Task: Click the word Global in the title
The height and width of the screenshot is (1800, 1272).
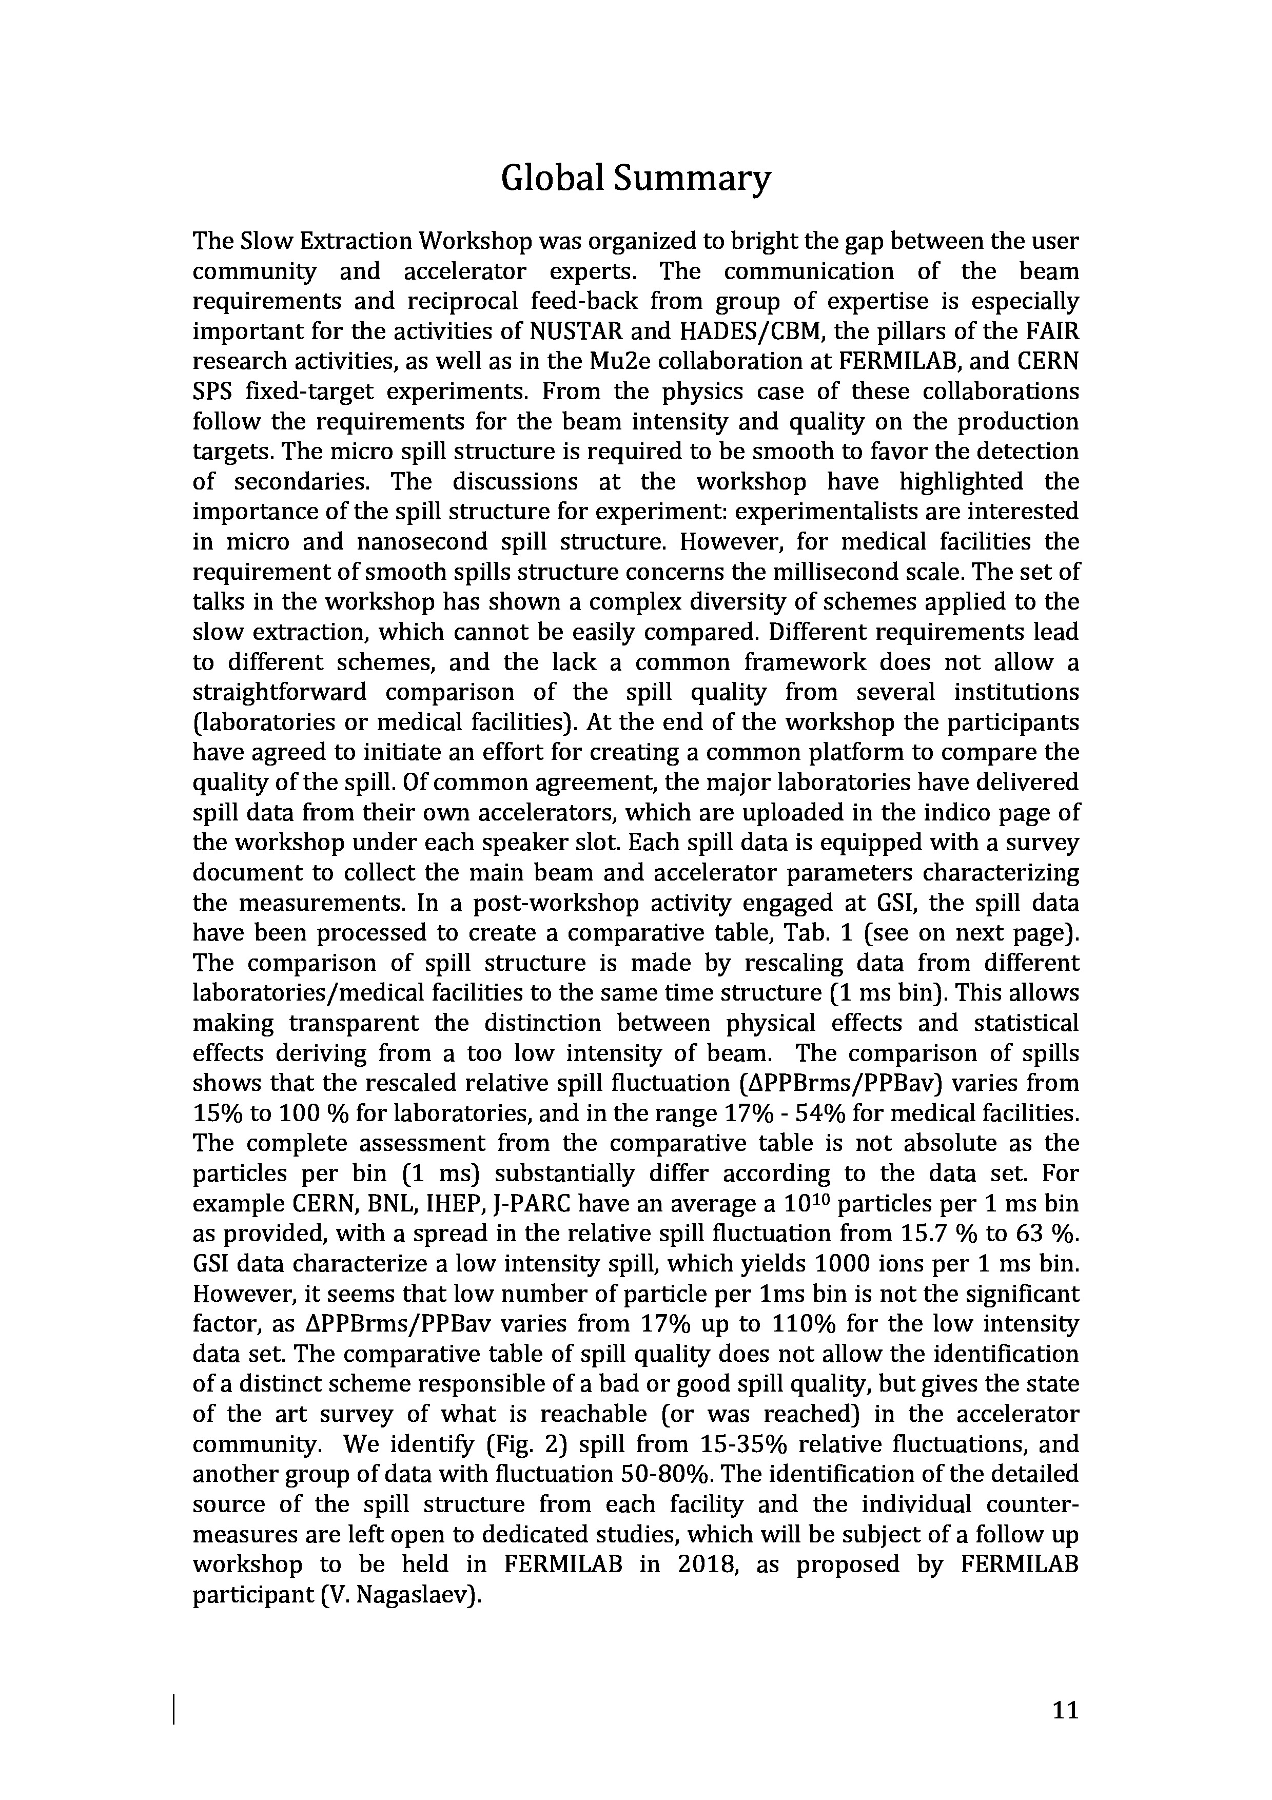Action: coord(552,180)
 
